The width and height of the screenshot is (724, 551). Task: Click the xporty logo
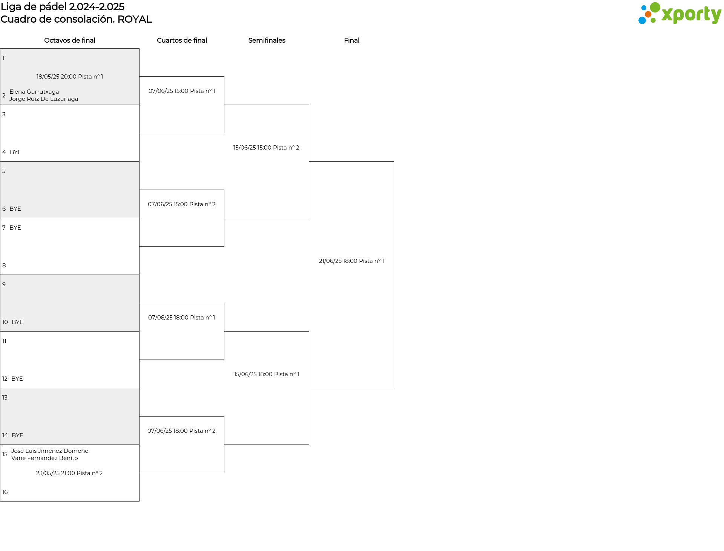(680, 14)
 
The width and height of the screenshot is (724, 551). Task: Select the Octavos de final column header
(70, 40)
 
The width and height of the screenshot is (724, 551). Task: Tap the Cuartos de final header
(182, 40)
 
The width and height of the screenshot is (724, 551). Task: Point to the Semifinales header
(267, 40)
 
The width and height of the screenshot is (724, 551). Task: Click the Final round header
(351, 40)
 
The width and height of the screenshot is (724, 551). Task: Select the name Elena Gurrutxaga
(34, 92)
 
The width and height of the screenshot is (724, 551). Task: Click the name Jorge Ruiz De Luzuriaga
(44, 99)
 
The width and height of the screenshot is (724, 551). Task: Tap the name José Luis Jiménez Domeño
(50, 451)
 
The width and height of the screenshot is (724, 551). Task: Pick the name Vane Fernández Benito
(44, 458)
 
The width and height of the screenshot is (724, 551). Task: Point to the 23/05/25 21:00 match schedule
(69, 473)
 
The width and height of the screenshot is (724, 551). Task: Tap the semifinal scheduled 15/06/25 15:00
(266, 148)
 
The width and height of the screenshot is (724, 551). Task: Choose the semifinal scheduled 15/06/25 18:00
(267, 374)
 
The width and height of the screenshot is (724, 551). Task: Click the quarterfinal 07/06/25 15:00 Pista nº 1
(182, 91)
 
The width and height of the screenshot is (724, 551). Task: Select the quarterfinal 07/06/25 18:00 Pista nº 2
(181, 431)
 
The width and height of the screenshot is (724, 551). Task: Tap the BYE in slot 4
(15, 152)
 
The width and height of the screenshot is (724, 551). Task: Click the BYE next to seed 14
(17, 435)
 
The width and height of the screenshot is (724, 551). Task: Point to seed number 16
(5, 492)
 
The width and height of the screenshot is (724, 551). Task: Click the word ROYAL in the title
(135, 19)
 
